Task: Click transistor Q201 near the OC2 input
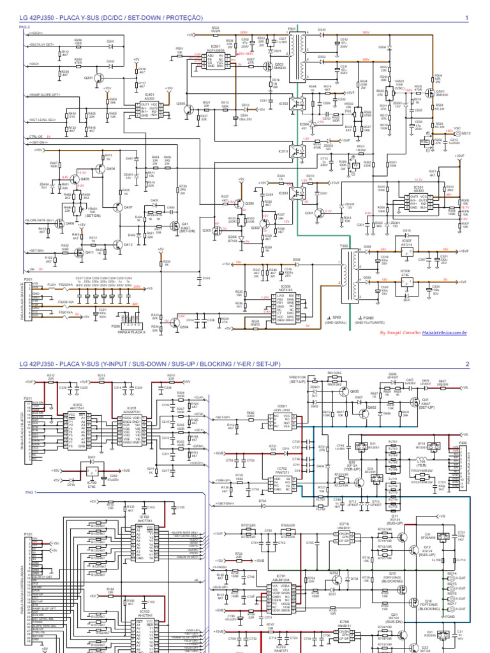click(89, 78)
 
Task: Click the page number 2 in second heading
click(467, 364)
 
